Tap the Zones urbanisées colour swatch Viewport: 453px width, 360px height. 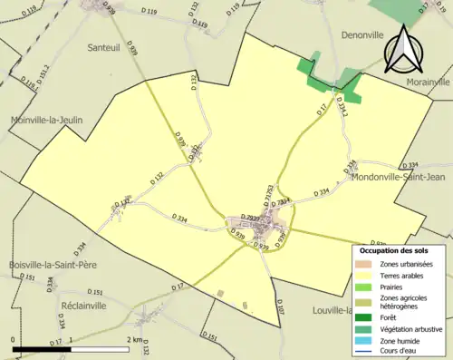pyautogui.click(x=367, y=264)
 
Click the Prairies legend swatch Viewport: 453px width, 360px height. pyautogui.click(x=367, y=287)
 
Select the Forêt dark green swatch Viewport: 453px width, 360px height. pyautogui.click(x=367, y=317)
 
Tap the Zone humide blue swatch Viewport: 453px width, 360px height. pyautogui.click(x=367, y=341)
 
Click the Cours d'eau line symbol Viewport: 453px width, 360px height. pyautogui.click(x=367, y=353)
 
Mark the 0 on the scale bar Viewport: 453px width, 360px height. pyautogui.click(x=14, y=340)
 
